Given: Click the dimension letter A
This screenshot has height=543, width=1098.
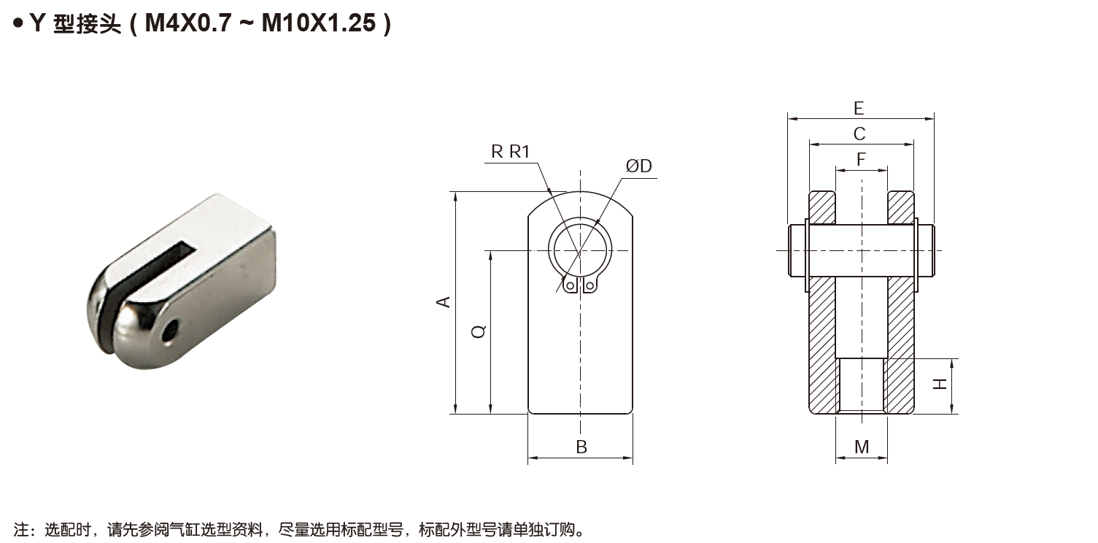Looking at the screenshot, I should [443, 302].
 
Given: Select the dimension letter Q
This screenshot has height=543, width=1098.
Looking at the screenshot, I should [479, 332].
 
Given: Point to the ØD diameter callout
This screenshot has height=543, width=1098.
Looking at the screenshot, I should [638, 167].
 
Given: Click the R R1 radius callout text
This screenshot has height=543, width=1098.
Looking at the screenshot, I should [510, 152].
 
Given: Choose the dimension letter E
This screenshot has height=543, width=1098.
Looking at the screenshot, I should [859, 109].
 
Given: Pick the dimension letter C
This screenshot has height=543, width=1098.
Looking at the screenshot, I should [859, 134].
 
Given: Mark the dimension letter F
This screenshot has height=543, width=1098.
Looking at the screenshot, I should [861, 160].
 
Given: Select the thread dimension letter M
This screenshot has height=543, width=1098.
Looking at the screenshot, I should [862, 447].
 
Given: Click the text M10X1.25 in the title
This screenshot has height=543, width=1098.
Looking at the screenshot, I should [318, 23].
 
